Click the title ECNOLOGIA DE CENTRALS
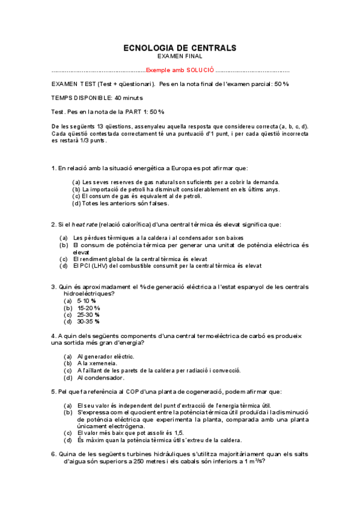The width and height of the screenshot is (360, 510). [180, 48]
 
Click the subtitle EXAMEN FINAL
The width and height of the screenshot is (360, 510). [180, 56]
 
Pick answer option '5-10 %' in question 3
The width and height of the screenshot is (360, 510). [87, 300]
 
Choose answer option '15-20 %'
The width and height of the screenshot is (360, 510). [89, 307]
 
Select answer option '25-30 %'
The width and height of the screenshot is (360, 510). [89, 315]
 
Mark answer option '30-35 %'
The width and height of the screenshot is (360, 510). [89, 322]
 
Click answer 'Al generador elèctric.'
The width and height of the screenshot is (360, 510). [106, 357]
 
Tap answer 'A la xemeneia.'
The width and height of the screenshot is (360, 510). [97, 364]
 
